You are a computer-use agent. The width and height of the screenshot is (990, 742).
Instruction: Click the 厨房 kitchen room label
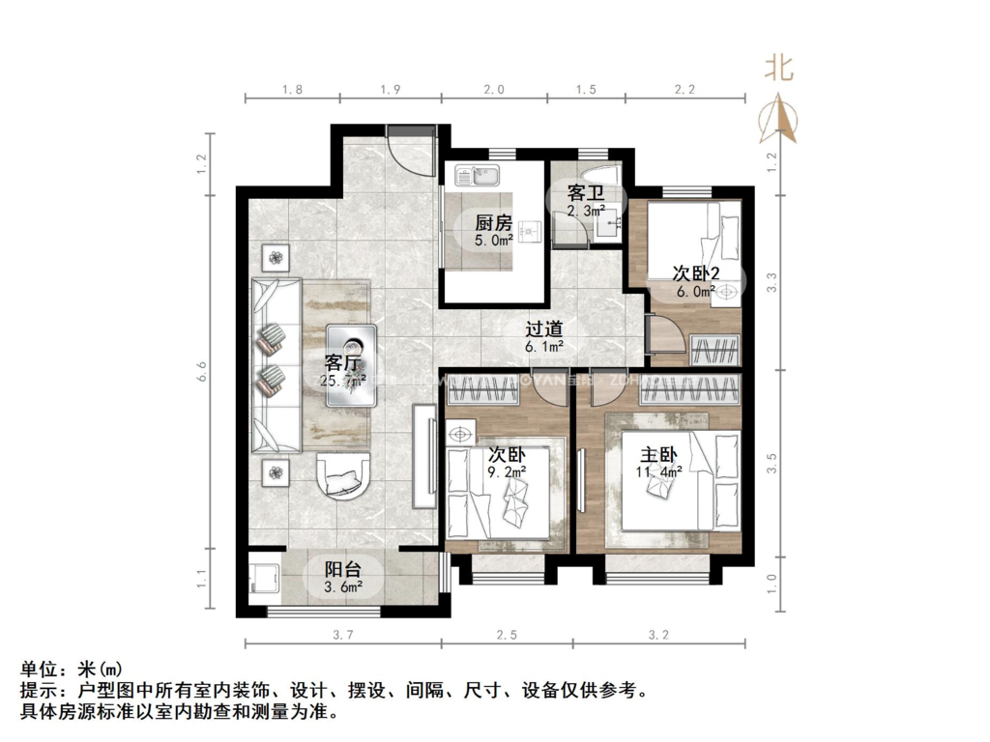[x=493, y=220]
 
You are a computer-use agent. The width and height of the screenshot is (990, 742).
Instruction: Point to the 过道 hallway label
[x=544, y=328]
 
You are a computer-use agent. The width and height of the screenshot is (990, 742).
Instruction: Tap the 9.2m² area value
[x=507, y=472]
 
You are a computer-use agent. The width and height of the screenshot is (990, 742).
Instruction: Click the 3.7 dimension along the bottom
[x=343, y=635]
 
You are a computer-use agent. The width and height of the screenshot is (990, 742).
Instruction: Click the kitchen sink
[x=476, y=177]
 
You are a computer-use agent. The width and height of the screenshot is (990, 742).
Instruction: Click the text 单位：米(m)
[x=73, y=669]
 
